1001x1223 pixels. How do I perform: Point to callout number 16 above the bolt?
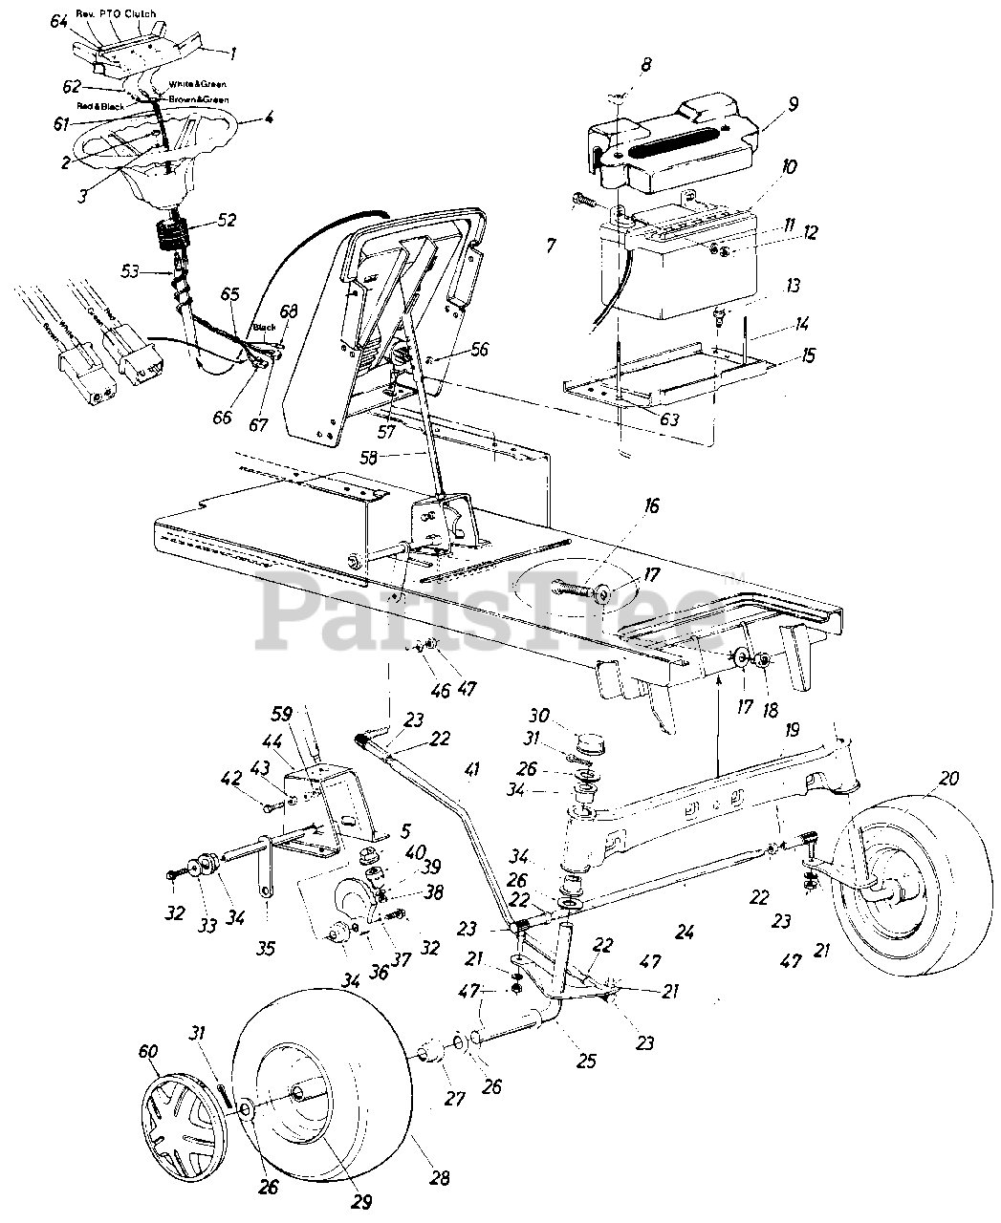tap(651, 506)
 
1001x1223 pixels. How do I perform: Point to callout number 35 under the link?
tap(267, 949)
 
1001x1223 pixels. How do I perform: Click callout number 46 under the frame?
tap(411, 686)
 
